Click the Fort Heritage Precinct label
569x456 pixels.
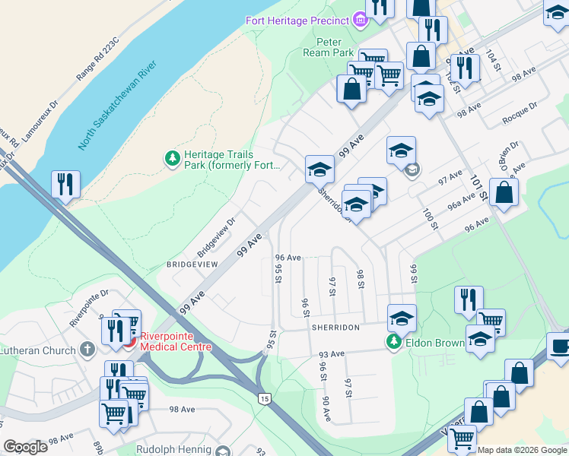pos(297,20)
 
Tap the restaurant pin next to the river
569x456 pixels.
pos(65,184)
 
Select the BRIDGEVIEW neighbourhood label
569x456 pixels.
pos(192,264)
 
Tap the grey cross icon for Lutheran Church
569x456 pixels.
pos(87,350)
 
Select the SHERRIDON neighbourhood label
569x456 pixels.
pos(335,326)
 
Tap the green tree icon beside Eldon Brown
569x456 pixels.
pos(394,343)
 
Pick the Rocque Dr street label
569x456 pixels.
pos(520,116)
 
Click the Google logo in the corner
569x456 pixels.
pos(25,447)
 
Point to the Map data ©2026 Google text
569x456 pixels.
pos(522,450)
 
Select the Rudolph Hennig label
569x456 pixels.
pos(173,449)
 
